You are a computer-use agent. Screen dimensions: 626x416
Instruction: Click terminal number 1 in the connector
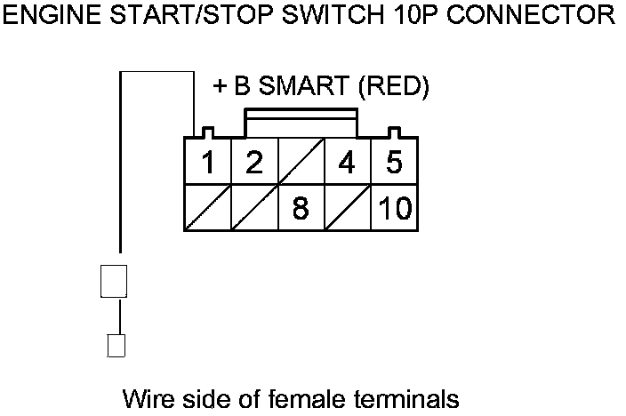(x=207, y=161)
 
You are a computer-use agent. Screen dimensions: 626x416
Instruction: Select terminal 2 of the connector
(x=254, y=161)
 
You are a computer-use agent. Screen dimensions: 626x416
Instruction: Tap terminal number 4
(x=348, y=161)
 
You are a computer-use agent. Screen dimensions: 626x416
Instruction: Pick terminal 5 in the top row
(x=395, y=161)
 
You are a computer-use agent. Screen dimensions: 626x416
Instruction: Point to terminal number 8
(x=301, y=208)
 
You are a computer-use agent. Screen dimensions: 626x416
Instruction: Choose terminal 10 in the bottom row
(x=395, y=208)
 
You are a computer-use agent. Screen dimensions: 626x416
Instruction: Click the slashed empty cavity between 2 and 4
(x=301, y=161)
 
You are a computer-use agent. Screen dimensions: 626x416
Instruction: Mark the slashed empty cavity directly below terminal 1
(x=207, y=208)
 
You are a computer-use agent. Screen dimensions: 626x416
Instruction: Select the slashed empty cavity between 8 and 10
(x=348, y=208)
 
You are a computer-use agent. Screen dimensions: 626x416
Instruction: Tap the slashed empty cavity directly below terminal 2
(x=254, y=208)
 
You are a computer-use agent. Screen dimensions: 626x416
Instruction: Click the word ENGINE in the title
(x=52, y=15)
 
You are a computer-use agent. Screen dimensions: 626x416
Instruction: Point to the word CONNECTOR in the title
(x=530, y=15)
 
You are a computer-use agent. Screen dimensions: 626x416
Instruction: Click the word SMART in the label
(x=304, y=86)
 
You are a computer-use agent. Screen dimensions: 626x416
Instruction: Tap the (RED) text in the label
(x=394, y=86)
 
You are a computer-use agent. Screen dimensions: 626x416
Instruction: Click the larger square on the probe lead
(x=114, y=281)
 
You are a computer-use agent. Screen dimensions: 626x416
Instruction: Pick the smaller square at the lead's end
(x=116, y=346)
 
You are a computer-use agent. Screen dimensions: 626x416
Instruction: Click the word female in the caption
(x=305, y=398)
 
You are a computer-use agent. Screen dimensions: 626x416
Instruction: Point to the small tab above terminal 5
(x=394, y=133)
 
